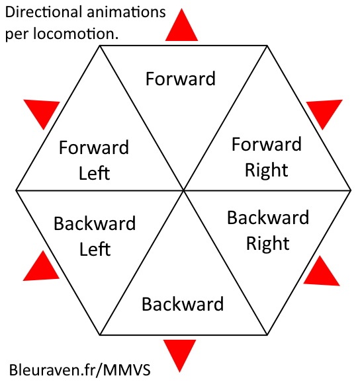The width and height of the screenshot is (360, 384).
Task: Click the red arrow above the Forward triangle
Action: [181, 27]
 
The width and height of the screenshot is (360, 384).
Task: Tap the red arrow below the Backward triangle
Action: [180, 354]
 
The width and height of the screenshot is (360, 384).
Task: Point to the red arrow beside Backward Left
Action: [42, 268]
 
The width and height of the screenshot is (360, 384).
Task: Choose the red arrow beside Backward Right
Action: [321, 273]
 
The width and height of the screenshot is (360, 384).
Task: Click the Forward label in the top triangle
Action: [181, 79]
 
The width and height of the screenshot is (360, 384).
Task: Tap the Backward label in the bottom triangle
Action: [183, 304]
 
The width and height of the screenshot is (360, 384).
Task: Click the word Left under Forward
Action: [95, 173]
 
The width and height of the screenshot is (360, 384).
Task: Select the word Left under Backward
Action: [95, 249]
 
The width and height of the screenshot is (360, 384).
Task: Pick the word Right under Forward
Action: [267, 171]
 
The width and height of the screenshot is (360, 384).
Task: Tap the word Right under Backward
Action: [268, 244]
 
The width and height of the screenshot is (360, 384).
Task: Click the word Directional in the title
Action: [44, 12]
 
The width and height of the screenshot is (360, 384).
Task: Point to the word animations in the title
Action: [126, 12]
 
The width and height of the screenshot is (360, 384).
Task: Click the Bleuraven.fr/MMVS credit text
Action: [80, 370]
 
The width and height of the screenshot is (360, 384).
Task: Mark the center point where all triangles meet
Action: [183, 190]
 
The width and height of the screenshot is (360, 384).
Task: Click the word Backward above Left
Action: [95, 223]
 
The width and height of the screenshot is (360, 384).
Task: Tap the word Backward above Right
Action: [268, 217]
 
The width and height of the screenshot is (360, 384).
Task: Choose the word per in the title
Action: [17, 34]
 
